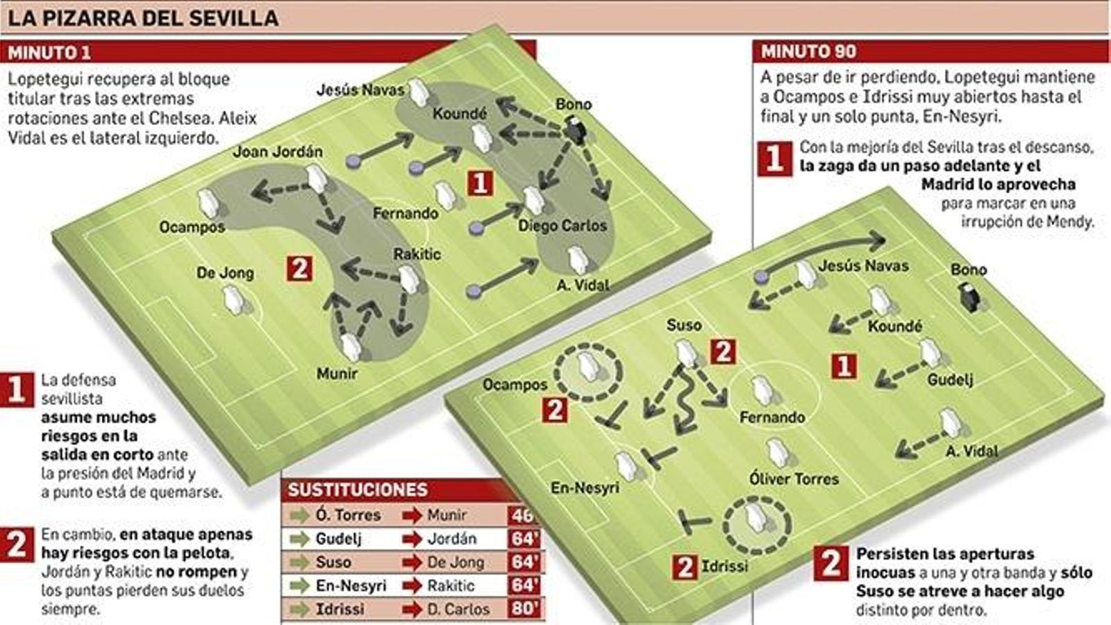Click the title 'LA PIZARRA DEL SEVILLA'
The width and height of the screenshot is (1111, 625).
143,17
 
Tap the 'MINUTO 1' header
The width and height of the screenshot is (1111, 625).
49,52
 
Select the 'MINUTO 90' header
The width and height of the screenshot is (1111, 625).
808,51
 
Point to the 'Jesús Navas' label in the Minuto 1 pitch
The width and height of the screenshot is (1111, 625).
360,90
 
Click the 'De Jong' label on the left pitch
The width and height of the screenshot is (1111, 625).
225,273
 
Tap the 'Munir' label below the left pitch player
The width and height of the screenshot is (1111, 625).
337,374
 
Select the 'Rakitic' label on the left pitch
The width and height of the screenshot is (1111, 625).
417,254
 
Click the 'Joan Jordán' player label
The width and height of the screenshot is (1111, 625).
278,151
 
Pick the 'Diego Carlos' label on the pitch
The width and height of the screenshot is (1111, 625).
562,226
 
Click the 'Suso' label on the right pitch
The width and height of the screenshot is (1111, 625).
684,325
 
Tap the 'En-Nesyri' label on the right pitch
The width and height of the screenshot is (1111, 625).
585,488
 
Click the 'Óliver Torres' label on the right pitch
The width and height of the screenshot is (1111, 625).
794,478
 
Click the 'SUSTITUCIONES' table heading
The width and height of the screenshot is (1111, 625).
358,490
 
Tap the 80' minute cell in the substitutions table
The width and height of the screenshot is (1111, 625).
525,609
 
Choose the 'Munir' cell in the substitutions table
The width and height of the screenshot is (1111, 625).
447,515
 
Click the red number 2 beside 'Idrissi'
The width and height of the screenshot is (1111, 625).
685,567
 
